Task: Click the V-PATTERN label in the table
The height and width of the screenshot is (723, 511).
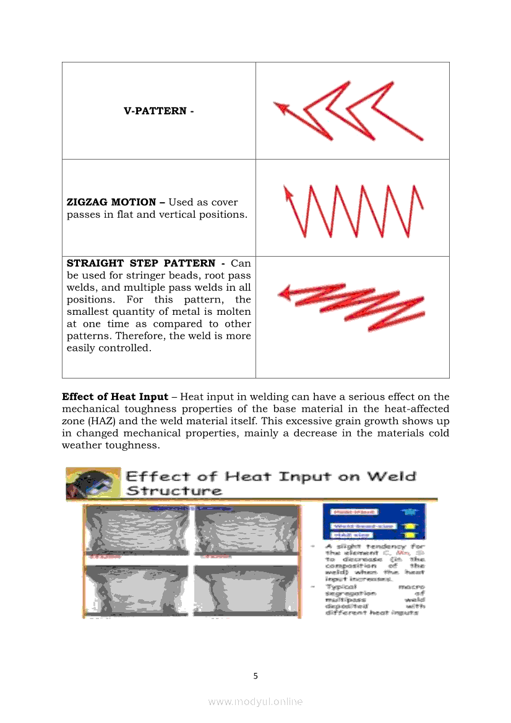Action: coord(158,111)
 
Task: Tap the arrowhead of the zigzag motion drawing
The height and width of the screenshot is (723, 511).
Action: coord(286,192)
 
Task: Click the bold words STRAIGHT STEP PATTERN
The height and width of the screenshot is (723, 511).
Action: coord(145,263)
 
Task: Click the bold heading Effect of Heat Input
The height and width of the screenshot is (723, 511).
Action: coord(114,396)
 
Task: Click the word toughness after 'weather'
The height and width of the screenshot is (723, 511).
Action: coord(132,445)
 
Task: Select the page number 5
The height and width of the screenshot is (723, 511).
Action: coord(255,676)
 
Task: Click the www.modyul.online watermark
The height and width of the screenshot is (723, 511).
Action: coord(255,701)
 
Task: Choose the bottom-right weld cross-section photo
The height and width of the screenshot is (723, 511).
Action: coord(246,587)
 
